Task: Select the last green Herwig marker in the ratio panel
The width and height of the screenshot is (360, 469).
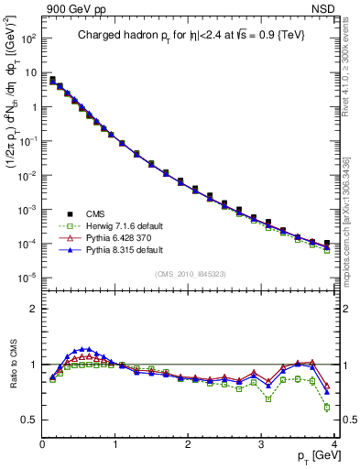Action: (x=327, y=408)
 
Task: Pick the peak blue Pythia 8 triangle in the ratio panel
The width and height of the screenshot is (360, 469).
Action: (x=87, y=348)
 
